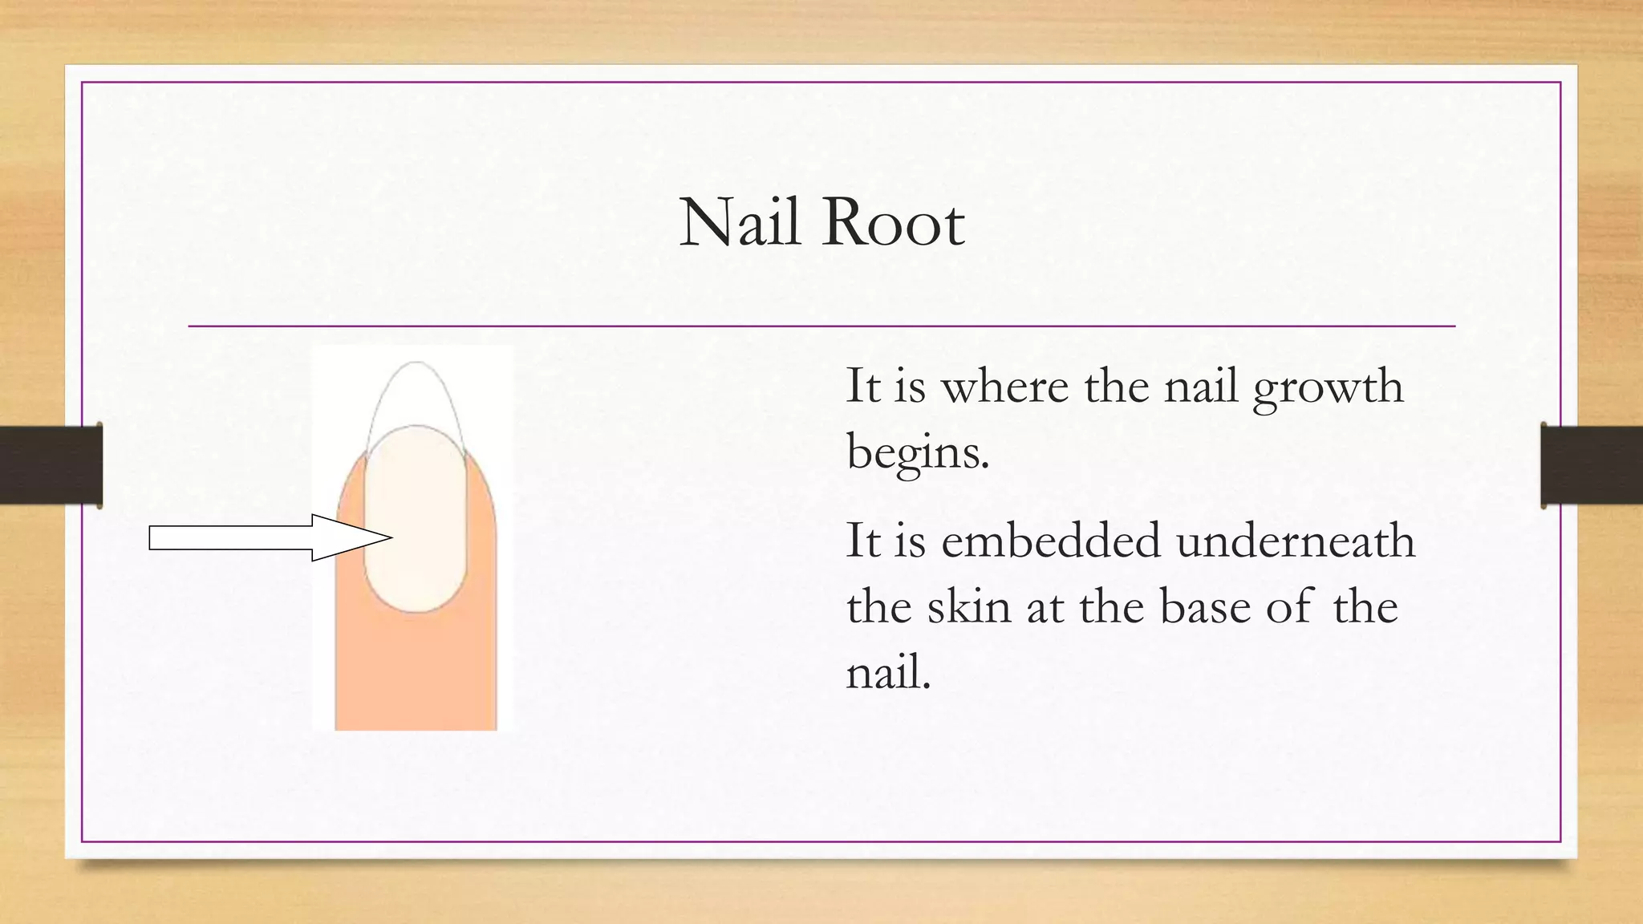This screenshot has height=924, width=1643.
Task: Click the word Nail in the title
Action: [x=740, y=222]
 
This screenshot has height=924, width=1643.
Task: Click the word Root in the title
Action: [x=893, y=222]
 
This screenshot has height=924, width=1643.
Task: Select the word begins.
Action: [x=918, y=454]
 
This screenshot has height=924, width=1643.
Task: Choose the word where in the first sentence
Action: [x=1004, y=386]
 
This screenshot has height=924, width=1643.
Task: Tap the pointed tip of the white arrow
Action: [x=391, y=537]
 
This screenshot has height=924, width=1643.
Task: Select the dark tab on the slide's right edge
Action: [x=1592, y=465]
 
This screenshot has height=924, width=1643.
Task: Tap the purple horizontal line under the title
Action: [x=821, y=326]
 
